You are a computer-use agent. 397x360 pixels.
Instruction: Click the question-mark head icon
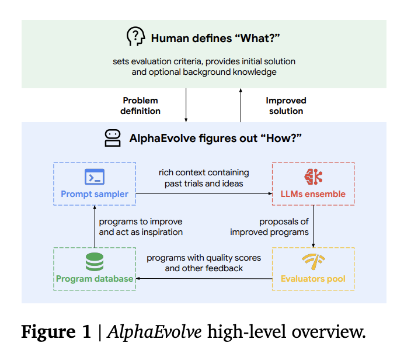pyautogui.click(x=135, y=37)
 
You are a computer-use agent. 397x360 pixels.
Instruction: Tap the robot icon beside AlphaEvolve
pyautogui.click(x=112, y=138)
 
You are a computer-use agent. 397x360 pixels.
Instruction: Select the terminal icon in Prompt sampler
pyautogui.click(x=94, y=176)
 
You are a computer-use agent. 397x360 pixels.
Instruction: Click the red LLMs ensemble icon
pyautogui.click(x=313, y=176)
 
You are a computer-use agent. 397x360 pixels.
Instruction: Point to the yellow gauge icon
pyautogui.click(x=313, y=261)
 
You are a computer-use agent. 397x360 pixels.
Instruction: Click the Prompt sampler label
pyautogui.click(x=94, y=193)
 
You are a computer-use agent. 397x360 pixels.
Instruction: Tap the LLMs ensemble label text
pyautogui.click(x=313, y=193)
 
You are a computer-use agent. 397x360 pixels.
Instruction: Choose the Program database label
pyautogui.click(x=94, y=279)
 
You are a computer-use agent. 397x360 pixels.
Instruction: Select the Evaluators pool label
pyautogui.click(x=313, y=279)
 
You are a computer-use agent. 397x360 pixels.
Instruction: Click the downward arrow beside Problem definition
pyautogui.click(x=186, y=105)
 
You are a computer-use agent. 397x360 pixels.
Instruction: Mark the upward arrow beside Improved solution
pyautogui.click(x=241, y=105)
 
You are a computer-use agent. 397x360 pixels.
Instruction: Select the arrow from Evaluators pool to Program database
pyautogui.click(x=204, y=279)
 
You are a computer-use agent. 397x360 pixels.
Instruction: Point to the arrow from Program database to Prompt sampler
pyautogui.click(x=94, y=227)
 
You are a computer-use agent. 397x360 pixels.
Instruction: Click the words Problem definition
pyautogui.click(x=141, y=106)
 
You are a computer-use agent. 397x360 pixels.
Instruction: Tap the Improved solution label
pyautogui.click(x=286, y=106)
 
